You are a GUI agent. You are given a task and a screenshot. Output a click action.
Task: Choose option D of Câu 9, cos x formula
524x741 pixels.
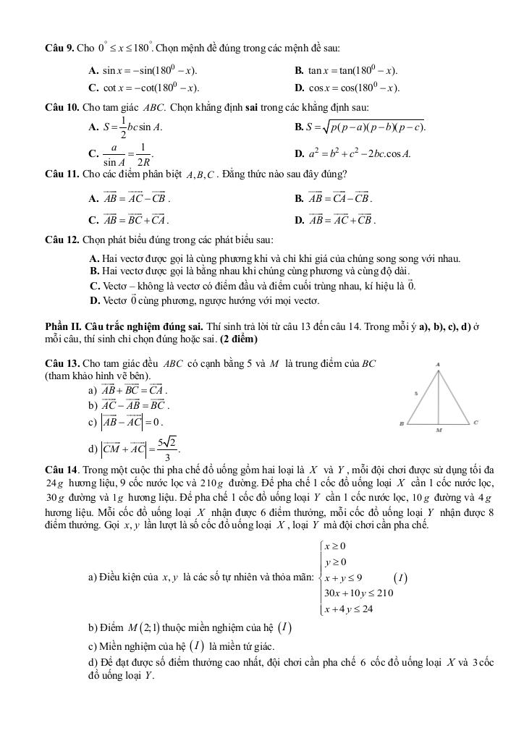click(x=347, y=88)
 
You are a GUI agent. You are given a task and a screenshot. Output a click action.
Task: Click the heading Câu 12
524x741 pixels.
click(x=61, y=240)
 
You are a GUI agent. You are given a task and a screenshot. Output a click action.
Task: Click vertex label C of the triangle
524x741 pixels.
click(x=476, y=422)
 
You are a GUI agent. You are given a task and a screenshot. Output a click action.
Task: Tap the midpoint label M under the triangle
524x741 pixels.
click(x=439, y=430)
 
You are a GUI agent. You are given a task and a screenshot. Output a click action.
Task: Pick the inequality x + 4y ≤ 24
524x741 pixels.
click(x=349, y=609)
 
